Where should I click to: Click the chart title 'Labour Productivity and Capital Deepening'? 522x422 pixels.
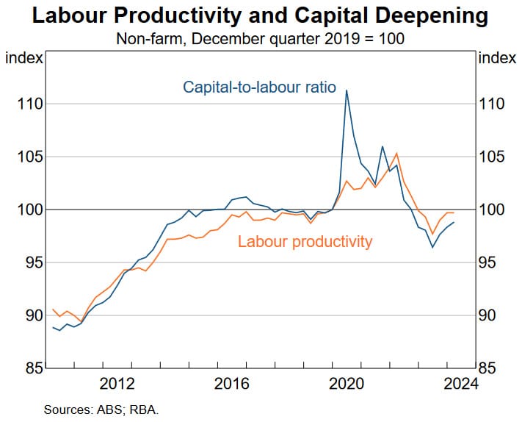point(261,15)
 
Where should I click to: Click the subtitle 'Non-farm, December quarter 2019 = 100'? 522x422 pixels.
point(261,38)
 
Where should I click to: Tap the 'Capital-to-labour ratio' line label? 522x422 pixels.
point(259,87)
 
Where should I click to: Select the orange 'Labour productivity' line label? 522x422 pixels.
point(305,241)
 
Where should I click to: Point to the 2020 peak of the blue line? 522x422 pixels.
point(346,90)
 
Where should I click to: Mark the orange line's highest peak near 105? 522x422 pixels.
point(396,153)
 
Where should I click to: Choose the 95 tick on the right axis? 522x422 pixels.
point(495,262)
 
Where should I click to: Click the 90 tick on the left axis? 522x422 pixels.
point(26,315)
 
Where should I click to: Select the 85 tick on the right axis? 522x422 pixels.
point(495,368)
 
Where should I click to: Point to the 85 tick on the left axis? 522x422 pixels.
point(26,368)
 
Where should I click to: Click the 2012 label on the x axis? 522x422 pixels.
point(117,384)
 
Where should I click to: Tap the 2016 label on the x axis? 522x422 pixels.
point(232,384)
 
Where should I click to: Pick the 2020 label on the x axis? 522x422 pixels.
point(347,384)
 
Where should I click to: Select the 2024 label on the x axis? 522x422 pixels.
point(461,384)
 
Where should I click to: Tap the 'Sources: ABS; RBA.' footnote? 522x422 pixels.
point(101,410)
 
